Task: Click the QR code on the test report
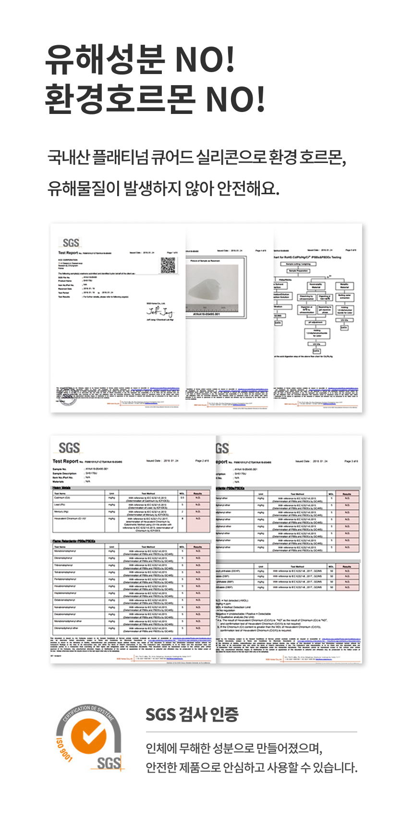168,265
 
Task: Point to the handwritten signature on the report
159,312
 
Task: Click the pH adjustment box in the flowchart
316,323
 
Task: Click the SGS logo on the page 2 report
69,448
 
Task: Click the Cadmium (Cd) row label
62,498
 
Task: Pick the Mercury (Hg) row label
62,512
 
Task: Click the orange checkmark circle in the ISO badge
88,737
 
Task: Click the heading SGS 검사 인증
192,714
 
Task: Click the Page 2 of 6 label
202,461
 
